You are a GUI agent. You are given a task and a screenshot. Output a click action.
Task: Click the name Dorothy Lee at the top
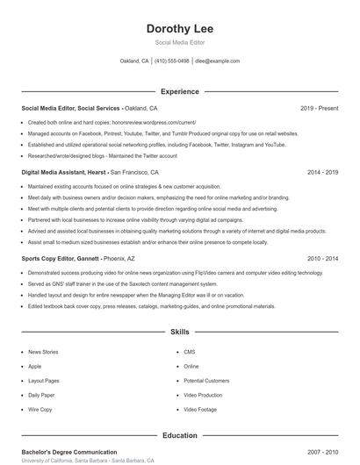[180, 29]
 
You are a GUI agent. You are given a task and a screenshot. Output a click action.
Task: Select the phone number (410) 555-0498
[171, 61]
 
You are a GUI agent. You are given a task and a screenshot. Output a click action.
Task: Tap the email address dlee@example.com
[217, 61]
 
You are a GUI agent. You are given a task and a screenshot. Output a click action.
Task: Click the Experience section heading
[180, 91]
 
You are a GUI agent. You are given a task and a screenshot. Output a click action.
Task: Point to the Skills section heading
[180, 333]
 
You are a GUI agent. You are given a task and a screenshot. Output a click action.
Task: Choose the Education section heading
[180, 435]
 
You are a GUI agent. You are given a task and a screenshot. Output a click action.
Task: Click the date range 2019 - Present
[319, 108]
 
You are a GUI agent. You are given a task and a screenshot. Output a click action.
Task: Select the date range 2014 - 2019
[322, 173]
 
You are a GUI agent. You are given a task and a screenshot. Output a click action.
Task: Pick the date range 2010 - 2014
[322, 259]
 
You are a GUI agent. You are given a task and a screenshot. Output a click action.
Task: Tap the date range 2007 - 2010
[322, 452]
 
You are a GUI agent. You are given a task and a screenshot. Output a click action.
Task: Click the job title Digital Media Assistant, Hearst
[64, 173]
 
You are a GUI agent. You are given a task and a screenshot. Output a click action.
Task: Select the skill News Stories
[43, 351]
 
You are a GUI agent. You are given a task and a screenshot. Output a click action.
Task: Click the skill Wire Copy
[40, 410]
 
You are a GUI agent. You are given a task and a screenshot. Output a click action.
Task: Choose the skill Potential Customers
[206, 381]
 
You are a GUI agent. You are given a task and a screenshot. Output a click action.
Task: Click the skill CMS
[190, 351]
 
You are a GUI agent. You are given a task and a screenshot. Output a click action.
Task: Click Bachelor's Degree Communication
[69, 452]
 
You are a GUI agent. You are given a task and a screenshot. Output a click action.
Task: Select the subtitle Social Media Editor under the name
[180, 42]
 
